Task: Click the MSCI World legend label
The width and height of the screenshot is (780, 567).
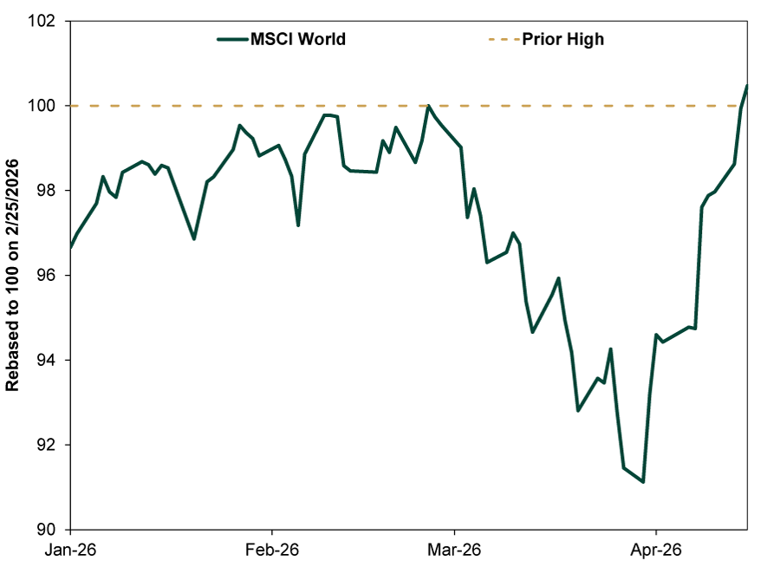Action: click(298, 39)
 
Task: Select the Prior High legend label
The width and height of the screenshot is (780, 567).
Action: click(562, 39)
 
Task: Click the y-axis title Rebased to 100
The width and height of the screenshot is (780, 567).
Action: click(13, 276)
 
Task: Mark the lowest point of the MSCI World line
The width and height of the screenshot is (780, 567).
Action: click(643, 482)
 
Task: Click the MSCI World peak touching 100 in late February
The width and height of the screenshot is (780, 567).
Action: click(428, 106)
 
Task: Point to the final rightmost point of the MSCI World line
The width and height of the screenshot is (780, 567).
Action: click(747, 85)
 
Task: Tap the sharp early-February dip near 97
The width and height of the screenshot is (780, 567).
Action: click(298, 225)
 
